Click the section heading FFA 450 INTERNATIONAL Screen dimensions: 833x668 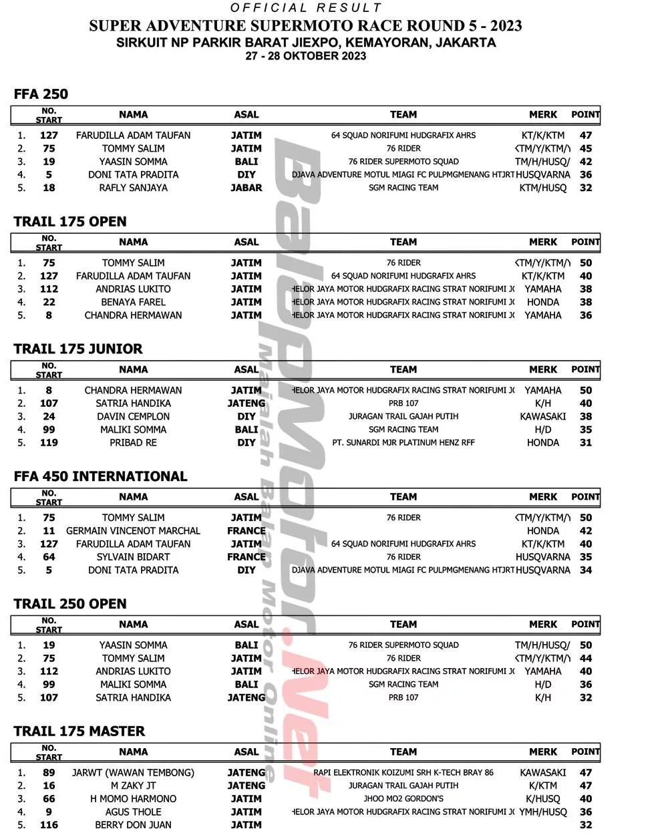point(100,476)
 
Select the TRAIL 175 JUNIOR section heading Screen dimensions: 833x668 point(78,349)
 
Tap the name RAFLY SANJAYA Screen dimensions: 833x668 point(133,188)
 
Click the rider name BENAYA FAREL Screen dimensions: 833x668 point(133,302)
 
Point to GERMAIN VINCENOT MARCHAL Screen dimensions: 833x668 point(133,530)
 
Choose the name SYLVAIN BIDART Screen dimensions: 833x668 point(133,556)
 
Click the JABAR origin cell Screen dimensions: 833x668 point(246,188)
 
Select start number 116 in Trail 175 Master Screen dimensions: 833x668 point(49,825)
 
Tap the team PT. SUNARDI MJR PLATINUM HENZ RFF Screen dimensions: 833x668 point(403,442)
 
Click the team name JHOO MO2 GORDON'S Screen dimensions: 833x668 point(403,798)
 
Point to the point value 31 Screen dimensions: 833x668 point(586,442)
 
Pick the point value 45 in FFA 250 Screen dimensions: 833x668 point(586,148)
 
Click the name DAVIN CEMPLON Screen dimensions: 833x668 point(133,416)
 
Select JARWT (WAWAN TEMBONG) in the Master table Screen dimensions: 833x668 point(133,772)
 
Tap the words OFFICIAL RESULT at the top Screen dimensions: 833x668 point(306,8)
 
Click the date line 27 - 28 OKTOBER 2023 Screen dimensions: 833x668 point(305,56)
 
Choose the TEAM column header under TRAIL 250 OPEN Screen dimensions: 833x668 point(403,624)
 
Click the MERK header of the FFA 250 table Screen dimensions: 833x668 point(542,114)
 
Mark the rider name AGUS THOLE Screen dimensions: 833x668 point(133,812)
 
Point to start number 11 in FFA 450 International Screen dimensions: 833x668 point(49,530)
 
